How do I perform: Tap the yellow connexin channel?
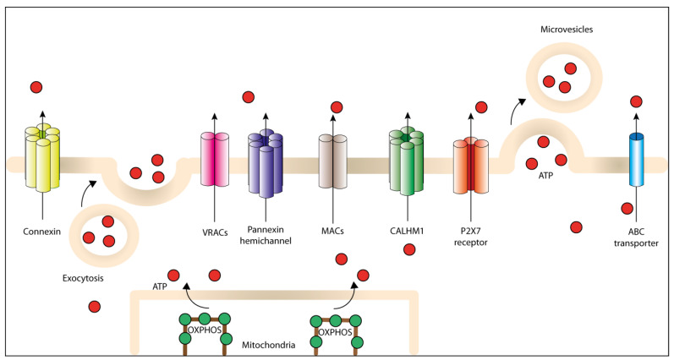43,155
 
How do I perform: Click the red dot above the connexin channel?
36,86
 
